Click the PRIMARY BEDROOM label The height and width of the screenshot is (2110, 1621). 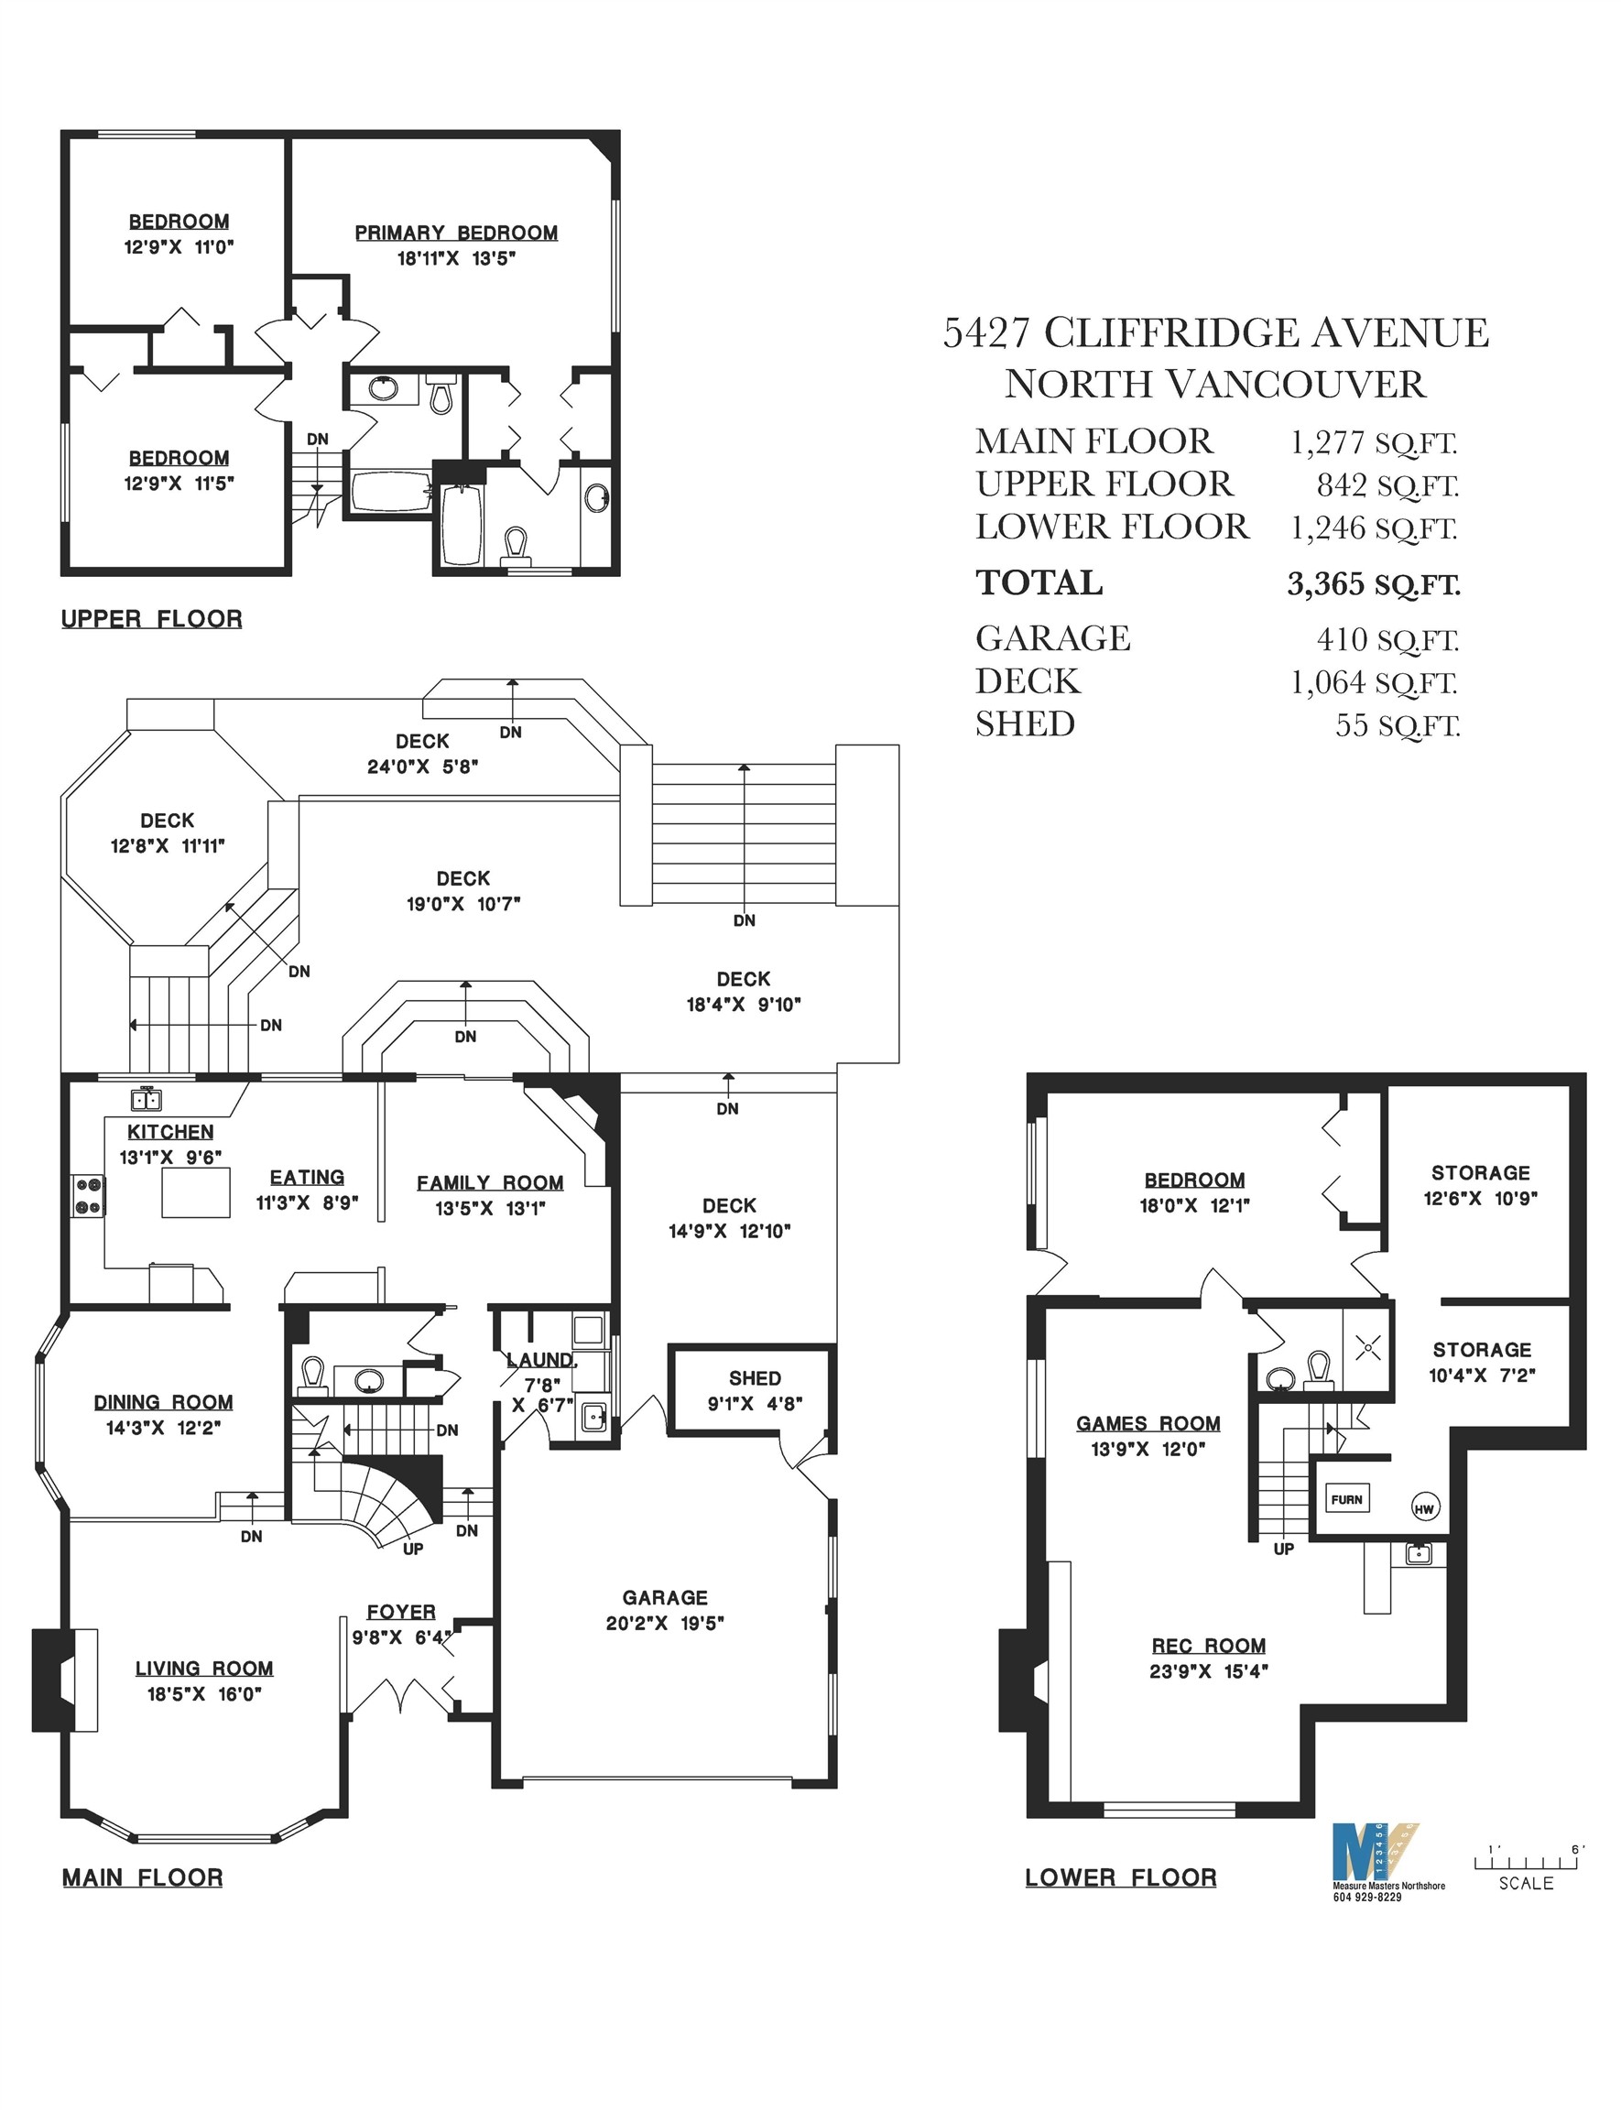[455, 233]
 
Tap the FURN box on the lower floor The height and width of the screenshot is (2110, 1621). [1346, 1499]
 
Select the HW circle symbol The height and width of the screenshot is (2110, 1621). [1424, 1508]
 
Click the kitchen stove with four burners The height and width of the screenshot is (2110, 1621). [88, 1194]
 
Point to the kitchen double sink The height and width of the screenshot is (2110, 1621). [147, 1099]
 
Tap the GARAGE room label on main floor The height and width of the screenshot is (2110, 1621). [665, 1598]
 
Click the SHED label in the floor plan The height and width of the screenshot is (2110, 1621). [755, 1377]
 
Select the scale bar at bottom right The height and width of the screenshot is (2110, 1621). [1526, 1861]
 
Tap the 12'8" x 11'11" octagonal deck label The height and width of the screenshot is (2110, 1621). [167, 846]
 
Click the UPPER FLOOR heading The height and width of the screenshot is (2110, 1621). [151, 618]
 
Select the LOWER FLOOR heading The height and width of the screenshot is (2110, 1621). [1120, 1877]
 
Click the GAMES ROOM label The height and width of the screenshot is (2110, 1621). [1148, 1423]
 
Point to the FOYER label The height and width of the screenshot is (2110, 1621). [400, 1611]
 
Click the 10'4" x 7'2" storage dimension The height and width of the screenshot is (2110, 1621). [1481, 1375]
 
